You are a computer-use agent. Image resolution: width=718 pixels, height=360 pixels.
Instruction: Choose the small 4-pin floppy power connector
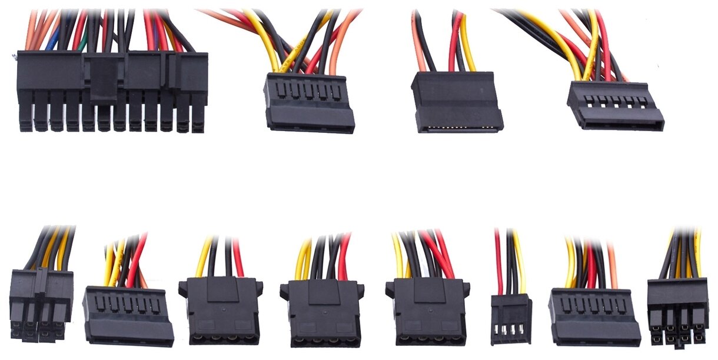(511, 318)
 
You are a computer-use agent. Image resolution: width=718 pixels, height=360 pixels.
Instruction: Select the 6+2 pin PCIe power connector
(677, 312)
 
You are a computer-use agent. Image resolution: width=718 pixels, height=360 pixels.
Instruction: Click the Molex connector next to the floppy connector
(428, 312)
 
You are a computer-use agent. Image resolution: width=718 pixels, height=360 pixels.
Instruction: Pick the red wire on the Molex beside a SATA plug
(238, 259)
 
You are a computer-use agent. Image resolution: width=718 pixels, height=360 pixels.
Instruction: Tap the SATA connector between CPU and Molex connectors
(128, 315)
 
